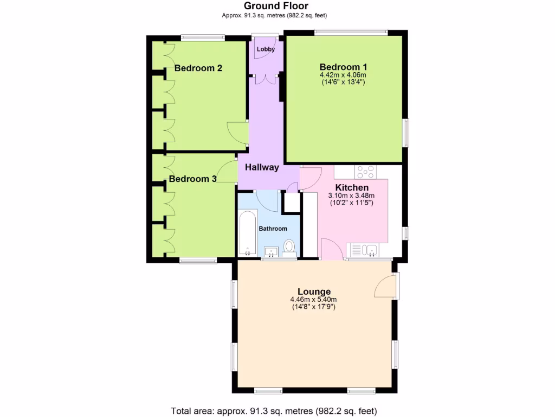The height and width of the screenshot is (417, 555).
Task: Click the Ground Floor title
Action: coord(276,6)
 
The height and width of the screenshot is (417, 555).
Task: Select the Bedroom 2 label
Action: coord(198,68)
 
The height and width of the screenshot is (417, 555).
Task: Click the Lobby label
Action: coord(266,49)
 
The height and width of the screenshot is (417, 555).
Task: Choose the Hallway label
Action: coord(262,167)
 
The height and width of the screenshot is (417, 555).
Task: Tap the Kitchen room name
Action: coord(352,187)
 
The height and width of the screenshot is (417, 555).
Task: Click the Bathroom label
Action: coord(273,229)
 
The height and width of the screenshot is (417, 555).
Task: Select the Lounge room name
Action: coord(313,292)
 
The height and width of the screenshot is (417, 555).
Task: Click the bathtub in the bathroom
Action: coord(247,233)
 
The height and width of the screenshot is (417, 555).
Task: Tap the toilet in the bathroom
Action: coord(289,247)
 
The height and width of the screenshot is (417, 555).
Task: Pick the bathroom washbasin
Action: coord(271,251)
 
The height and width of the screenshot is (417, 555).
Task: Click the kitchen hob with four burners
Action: coord(365,172)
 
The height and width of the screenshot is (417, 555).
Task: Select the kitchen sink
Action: coord(370,250)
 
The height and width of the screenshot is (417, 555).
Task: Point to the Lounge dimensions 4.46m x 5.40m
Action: coord(313,300)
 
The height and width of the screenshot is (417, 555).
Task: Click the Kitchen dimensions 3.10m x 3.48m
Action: coord(351,195)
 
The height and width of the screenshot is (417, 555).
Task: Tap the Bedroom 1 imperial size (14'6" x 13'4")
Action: coord(343,83)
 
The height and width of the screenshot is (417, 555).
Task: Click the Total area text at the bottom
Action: coord(274,410)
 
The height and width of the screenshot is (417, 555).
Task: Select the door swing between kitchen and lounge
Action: coord(331,250)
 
